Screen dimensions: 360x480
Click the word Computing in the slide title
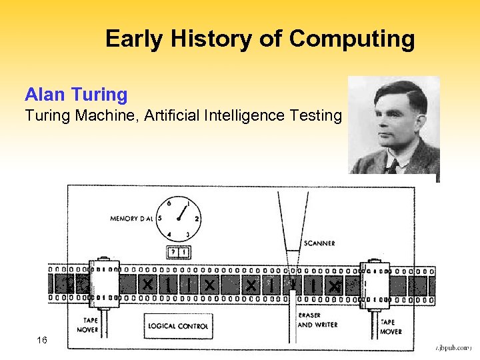(x=351, y=40)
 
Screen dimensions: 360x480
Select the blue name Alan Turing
(x=76, y=95)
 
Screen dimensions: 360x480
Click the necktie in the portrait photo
(x=394, y=167)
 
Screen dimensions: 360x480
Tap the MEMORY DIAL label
(x=132, y=218)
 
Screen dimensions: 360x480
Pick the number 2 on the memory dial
(x=197, y=219)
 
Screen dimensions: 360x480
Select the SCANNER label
(x=319, y=243)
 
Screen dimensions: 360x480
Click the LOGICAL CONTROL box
(x=177, y=325)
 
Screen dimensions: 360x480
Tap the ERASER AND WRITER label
(x=318, y=320)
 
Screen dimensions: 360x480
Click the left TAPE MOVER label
(x=87, y=325)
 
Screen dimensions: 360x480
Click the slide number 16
(x=42, y=341)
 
